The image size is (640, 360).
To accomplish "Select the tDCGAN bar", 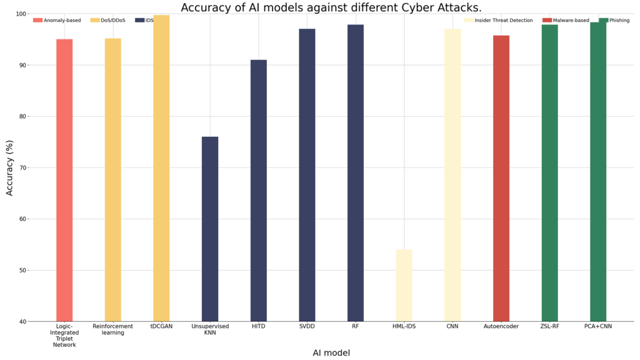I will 161,168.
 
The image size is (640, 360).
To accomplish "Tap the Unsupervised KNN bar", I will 210,229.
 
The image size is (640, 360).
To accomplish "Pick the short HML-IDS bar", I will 404,285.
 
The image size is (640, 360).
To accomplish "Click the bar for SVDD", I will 307,175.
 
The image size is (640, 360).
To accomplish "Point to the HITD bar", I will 259,191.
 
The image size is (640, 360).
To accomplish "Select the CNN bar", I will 452,175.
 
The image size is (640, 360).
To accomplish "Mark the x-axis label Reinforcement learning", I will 112,329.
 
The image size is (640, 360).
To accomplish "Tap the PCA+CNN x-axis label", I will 598,326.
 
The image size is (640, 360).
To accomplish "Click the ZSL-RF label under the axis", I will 549,326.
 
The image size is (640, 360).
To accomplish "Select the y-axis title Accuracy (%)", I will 9,167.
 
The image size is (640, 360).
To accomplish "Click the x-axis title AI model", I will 331,352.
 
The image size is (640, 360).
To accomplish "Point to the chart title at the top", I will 331,7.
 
